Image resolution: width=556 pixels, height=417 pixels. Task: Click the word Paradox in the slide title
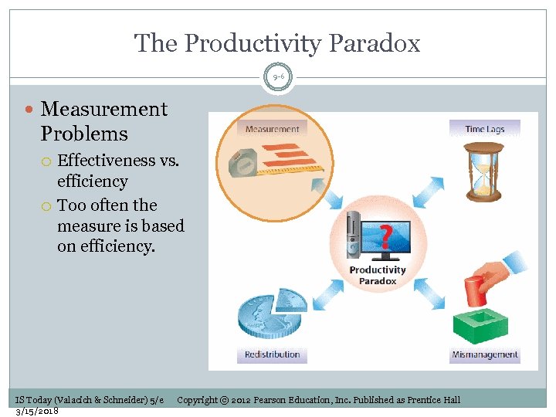click(x=370, y=43)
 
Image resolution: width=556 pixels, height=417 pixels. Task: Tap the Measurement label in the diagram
click(x=272, y=129)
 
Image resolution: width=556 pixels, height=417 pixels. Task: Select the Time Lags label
click(x=485, y=129)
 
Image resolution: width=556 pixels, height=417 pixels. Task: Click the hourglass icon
click(x=483, y=171)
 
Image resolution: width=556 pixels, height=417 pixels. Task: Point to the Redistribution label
click(x=272, y=354)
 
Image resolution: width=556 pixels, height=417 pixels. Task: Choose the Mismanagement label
click(x=485, y=354)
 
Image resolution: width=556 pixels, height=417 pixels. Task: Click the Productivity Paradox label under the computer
click(x=378, y=275)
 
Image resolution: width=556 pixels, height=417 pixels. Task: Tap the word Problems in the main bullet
click(x=84, y=134)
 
